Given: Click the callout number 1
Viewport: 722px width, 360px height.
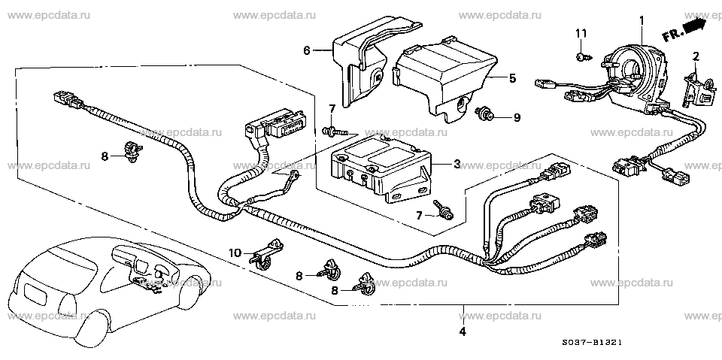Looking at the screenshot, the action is tap(642, 20).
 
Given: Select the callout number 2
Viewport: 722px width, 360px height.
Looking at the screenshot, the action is tap(696, 56).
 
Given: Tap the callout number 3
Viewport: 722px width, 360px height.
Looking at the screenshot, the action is tap(457, 164).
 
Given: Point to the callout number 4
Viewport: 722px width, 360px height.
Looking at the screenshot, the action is tap(463, 331).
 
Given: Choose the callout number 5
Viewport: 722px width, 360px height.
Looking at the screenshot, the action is tap(512, 78).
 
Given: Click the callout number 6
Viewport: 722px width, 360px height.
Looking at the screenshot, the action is tap(307, 50).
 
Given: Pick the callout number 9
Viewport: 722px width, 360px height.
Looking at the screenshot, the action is tap(517, 118).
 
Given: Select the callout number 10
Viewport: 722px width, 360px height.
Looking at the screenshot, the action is tap(235, 253).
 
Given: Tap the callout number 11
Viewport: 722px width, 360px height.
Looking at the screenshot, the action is tap(581, 33).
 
